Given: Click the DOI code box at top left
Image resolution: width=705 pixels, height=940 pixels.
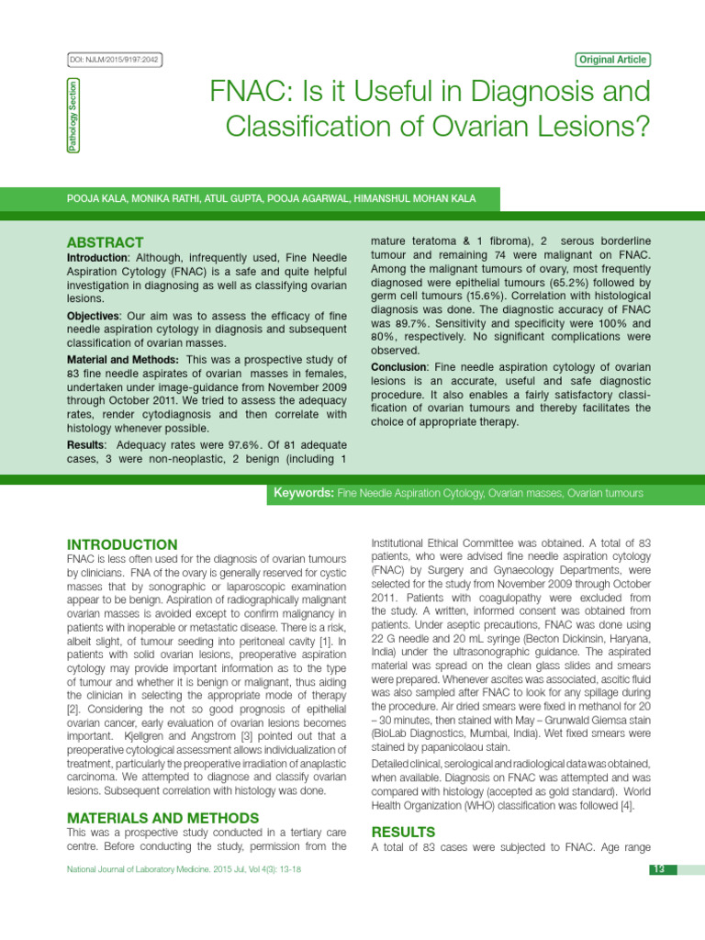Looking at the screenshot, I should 114,60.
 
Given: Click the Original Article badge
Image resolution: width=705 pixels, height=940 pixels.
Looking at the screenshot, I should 612,60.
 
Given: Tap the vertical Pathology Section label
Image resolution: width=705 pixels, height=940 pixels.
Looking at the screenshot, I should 73,116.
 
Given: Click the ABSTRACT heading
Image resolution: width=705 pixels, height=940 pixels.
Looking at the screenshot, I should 105,242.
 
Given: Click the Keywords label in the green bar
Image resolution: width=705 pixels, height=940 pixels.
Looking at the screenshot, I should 304,493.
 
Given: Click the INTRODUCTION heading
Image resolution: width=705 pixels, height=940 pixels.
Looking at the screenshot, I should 122,544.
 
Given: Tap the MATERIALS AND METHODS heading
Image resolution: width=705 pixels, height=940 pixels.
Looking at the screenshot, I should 162,818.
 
